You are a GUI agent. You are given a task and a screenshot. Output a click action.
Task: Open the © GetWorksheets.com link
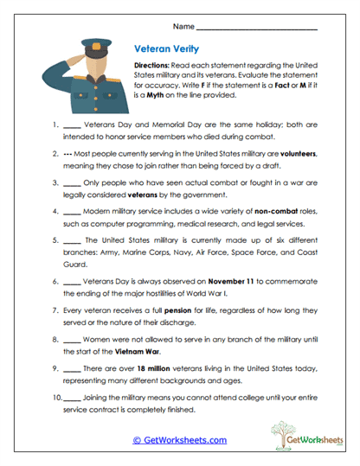[x=179, y=440]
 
